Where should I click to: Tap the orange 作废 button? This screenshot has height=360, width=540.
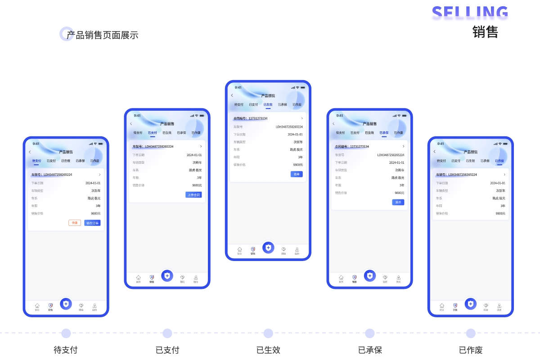click(x=75, y=223)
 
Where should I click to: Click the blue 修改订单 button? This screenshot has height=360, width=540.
click(x=92, y=223)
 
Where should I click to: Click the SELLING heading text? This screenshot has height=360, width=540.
click(x=470, y=13)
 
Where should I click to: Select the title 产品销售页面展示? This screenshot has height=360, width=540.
click(x=102, y=35)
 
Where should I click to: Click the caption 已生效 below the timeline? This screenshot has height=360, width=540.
click(x=268, y=350)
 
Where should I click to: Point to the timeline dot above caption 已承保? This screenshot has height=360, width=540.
click(x=370, y=333)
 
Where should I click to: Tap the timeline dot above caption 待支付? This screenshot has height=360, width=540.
click(x=66, y=333)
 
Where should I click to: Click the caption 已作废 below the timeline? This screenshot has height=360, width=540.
click(x=471, y=350)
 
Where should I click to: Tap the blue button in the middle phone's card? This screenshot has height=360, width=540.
click(x=297, y=174)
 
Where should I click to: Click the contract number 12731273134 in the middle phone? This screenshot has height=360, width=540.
click(x=258, y=118)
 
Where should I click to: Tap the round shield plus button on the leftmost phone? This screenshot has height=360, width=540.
click(x=66, y=304)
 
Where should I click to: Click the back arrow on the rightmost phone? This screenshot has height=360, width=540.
click(x=435, y=152)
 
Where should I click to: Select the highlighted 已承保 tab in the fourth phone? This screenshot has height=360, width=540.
click(x=384, y=133)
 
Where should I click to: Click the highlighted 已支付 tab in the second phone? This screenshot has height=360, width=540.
click(x=153, y=133)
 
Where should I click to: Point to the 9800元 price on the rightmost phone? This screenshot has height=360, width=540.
click(x=500, y=213)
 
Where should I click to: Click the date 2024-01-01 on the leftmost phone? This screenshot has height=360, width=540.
click(x=93, y=183)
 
